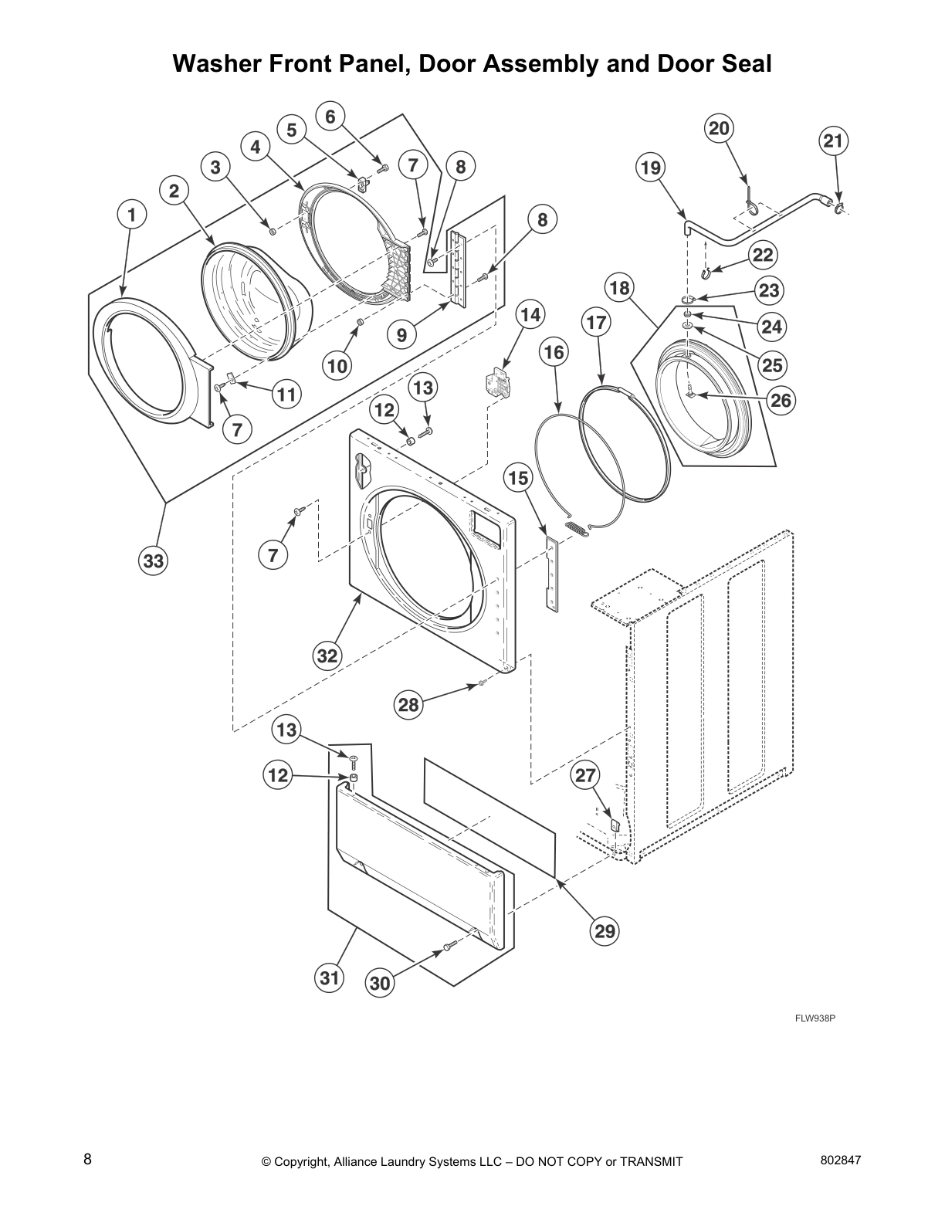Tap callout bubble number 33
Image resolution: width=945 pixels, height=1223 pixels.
(154, 561)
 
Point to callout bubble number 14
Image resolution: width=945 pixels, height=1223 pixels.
(530, 315)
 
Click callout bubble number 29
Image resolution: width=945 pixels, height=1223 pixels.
(605, 931)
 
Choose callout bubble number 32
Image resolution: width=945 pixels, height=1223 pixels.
(327, 656)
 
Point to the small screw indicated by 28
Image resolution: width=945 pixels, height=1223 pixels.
(481, 683)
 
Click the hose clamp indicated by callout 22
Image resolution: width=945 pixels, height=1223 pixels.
(706, 272)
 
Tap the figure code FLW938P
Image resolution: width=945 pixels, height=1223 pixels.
(815, 1018)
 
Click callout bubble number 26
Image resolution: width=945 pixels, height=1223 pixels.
(781, 400)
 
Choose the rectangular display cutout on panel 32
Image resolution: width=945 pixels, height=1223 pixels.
(486, 528)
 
